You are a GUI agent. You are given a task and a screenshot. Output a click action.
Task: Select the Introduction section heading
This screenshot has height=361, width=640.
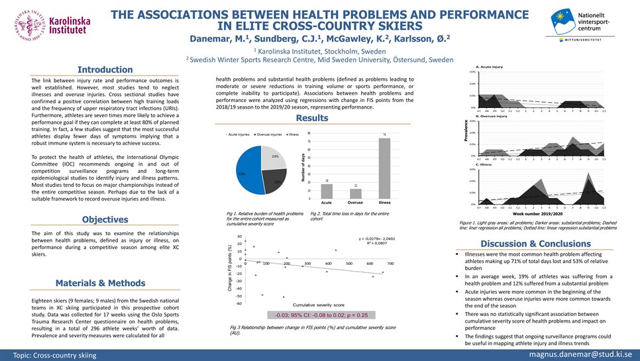[105, 70]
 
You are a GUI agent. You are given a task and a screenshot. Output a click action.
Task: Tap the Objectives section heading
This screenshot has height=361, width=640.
[105, 219]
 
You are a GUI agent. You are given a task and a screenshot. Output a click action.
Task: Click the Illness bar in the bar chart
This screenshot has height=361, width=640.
[384, 168]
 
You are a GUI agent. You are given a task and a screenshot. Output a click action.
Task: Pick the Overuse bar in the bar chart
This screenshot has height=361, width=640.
[355, 193]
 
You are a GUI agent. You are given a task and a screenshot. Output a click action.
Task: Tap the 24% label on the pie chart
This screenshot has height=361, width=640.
[274, 156]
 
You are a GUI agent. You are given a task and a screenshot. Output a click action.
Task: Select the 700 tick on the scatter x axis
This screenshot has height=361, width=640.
[390, 264]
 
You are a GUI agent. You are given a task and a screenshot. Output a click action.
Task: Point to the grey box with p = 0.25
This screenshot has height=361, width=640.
[317, 315]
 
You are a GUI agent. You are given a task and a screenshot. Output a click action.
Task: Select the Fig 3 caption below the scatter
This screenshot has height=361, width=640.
[311, 330]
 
